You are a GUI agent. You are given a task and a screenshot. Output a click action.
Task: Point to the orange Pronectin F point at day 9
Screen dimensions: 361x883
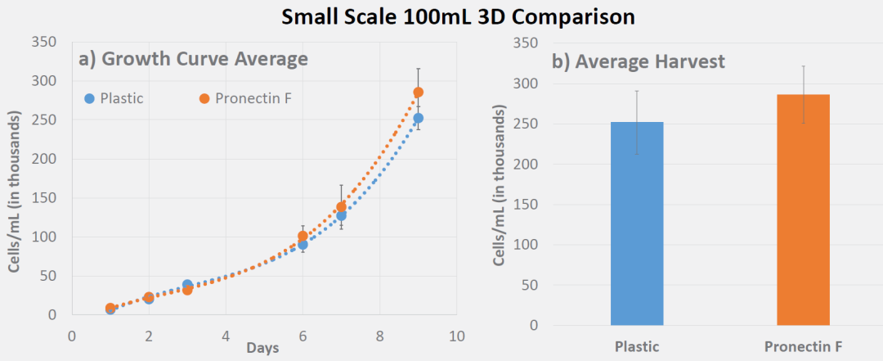click(x=418, y=93)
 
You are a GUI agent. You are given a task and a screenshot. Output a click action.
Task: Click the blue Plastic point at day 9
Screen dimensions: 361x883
click(x=418, y=119)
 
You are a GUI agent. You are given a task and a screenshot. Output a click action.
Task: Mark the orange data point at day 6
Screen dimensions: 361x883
click(x=303, y=236)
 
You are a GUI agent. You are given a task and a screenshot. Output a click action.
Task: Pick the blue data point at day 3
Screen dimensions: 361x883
click(x=187, y=285)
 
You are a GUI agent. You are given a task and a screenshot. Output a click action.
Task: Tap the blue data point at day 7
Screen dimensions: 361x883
click(x=341, y=215)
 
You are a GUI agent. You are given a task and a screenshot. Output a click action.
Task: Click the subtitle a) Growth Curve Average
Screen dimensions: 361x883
click(x=193, y=59)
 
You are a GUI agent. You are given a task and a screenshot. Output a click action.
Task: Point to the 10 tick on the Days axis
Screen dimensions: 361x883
click(x=456, y=336)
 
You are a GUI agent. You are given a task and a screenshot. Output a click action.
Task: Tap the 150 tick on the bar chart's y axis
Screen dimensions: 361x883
click(x=528, y=204)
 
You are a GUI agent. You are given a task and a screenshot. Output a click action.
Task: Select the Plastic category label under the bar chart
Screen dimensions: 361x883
click(x=636, y=347)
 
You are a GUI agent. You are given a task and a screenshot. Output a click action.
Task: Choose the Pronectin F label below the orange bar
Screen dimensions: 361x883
click(x=803, y=347)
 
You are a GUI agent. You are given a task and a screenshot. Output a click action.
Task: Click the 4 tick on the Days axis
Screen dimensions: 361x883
click(x=226, y=336)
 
